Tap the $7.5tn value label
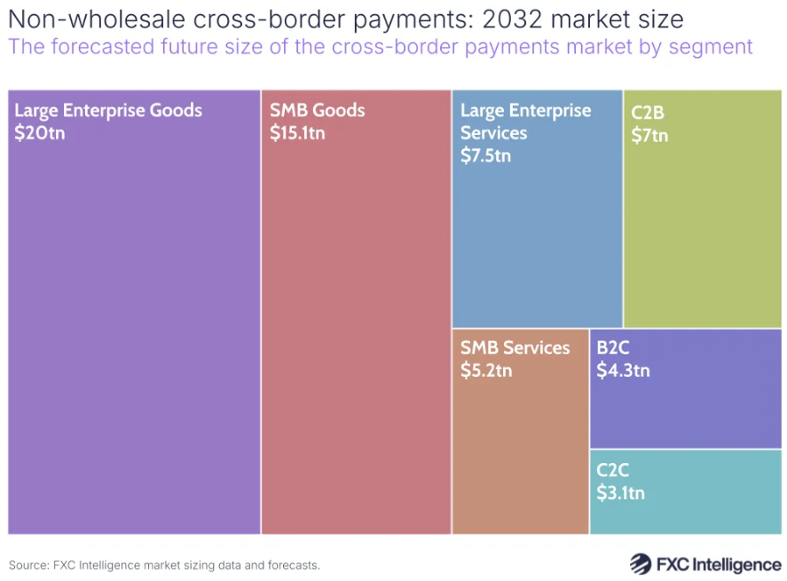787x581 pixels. tap(485, 156)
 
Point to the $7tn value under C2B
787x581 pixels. tap(649, 136)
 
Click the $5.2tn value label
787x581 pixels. tap(485, 371)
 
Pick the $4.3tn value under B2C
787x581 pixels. tap(623, 370)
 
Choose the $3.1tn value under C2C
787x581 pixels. tap(620, 493)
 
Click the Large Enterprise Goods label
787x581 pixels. tap(108, 111)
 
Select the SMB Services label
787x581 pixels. tap(515, 348)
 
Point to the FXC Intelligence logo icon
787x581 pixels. tap(641, 563)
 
